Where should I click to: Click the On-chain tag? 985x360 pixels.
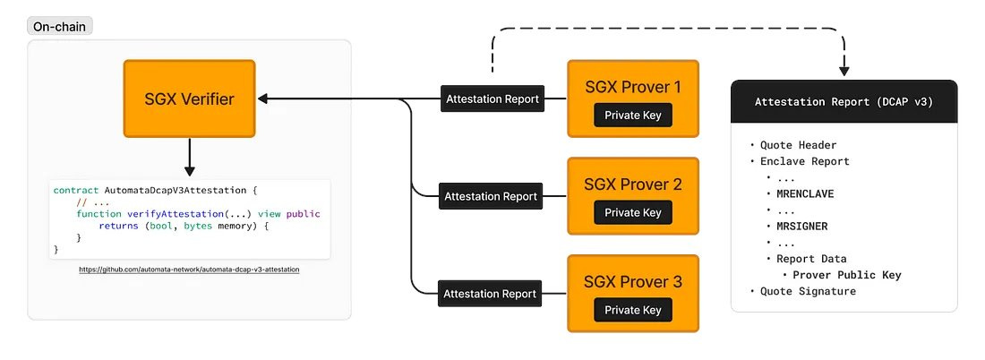(x=60, y=26)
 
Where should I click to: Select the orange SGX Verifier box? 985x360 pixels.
(x=189, y=99)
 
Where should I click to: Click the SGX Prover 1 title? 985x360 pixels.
(x=633, y=87)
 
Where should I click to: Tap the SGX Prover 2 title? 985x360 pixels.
(x=633, y=184)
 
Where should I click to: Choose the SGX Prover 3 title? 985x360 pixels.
(x=633, y=282)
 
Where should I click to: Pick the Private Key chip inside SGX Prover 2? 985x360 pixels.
(x=633, y=212)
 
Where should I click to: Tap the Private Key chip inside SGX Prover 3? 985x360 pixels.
(x=633, y=310)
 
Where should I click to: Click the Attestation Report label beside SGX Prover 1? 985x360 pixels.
(x=492, y=99)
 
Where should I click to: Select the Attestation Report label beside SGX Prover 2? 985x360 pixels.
(x=491, y=196)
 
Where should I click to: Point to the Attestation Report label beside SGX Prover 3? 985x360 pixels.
(x=491, y=293)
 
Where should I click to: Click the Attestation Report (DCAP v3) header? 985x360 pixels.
(x=844, y=102)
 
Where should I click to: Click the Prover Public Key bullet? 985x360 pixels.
(x=847, y=275)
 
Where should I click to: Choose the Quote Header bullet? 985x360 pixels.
(x=798, y=145)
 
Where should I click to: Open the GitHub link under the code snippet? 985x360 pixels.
(x=189, y=269)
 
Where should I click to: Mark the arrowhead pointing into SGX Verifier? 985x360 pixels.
(x=262, y=99)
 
